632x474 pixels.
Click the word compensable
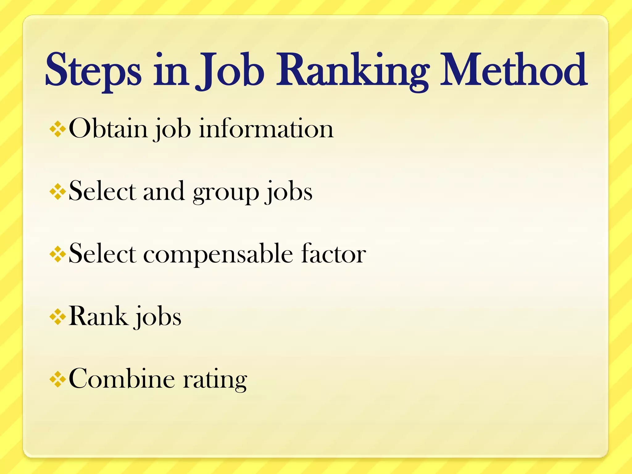pos(218,254)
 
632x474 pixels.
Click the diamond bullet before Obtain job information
pos(58,129)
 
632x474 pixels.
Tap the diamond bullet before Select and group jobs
pos(58,192)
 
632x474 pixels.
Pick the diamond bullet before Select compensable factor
pos(58,254)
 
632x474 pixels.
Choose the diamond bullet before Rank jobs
pos(58,317)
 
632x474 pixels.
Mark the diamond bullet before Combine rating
pos(58,380)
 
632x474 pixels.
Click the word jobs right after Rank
pos(158,317)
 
